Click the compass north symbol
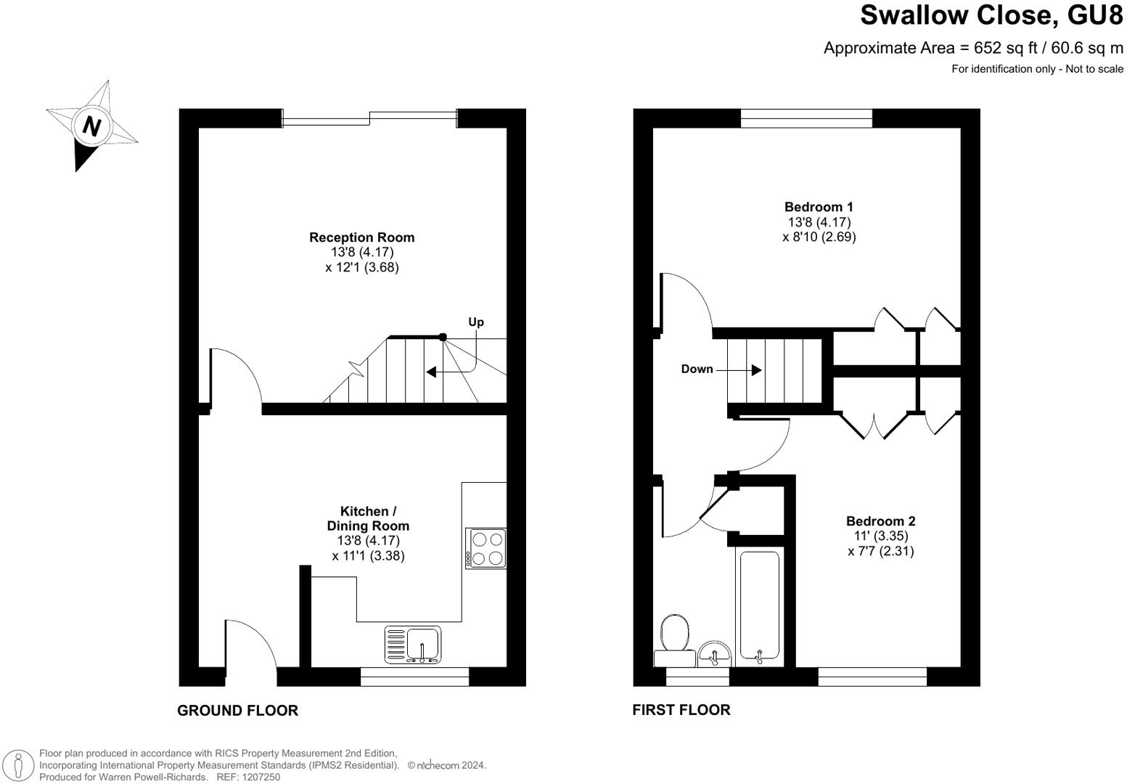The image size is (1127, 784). point(91,126)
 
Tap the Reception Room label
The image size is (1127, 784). point(361,237)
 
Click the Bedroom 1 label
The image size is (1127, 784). point(819,208)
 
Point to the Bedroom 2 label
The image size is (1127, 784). point(880,521)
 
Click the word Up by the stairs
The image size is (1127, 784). point(476,322)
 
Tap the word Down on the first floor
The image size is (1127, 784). point(697,369)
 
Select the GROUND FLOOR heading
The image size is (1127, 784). point(237,711)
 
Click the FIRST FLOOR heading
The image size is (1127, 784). point(681,710)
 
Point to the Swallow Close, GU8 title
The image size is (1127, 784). point(991,15)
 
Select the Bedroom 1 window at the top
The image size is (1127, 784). point(806,118)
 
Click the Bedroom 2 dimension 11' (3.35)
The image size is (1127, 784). point(880,536)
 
